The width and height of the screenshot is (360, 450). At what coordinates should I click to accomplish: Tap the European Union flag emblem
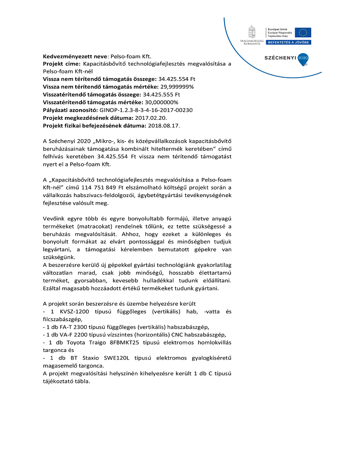pyautogui.click(x=303, y=32)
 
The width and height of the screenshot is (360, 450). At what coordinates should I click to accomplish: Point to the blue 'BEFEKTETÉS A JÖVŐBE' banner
pyautogui.click(x=288, y=42)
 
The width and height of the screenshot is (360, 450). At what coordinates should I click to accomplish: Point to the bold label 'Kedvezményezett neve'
pyautogui.click(x=75, y=55)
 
